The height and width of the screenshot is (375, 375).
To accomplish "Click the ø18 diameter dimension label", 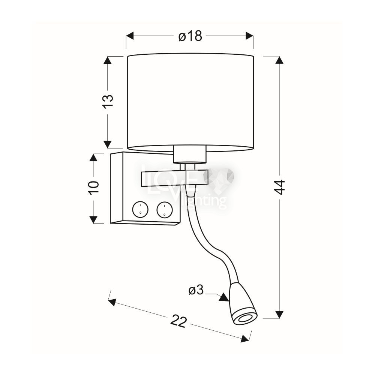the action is click(x=190, y=36).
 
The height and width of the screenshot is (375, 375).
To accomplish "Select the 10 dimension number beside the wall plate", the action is click(x=94, y=188).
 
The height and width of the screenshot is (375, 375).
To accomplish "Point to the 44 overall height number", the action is click(x=280, y=187).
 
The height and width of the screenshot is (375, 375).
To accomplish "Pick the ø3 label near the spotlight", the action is click(x=196, y=290).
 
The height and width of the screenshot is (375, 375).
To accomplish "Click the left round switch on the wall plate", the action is click(x=140, y=210).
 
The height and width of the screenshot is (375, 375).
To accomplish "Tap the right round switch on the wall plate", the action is click(x=165, y=210).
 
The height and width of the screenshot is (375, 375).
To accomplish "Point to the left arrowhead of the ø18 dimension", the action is click(x=130, y=36).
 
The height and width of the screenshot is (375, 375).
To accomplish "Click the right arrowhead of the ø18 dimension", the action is click(x=250, y=36).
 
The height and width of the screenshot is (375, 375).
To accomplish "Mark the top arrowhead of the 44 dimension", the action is click(x=279, y=60).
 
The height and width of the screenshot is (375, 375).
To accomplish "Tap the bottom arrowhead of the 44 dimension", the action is click(x=279, y=315).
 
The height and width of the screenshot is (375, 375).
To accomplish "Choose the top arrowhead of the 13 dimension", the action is click(x=108, y=60).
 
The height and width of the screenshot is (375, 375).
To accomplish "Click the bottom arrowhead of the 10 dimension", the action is click(x=93, y=219).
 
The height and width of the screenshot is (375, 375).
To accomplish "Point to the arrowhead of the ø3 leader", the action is click(x=224, y=298).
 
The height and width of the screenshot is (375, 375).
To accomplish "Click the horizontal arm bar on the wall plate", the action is click(x=175, y=179).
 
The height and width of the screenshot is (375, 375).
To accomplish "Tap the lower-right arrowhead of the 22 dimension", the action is click(x=245, y=338).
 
